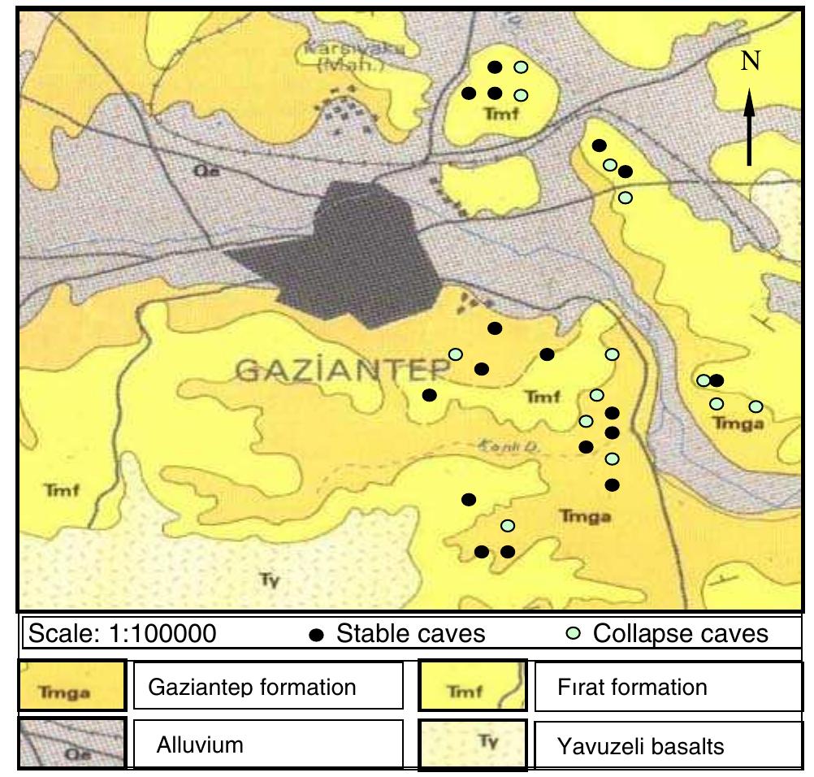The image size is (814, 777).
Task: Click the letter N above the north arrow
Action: tap(751, 64)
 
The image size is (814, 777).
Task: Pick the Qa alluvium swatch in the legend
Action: tap(71, 743)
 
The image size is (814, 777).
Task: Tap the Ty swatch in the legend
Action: tap(473, 743)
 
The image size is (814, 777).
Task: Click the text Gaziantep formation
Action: tap(253, 687)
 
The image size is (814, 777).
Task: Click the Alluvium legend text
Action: tap(198, 744)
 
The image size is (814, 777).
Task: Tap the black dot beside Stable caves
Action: tap(319, 634)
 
